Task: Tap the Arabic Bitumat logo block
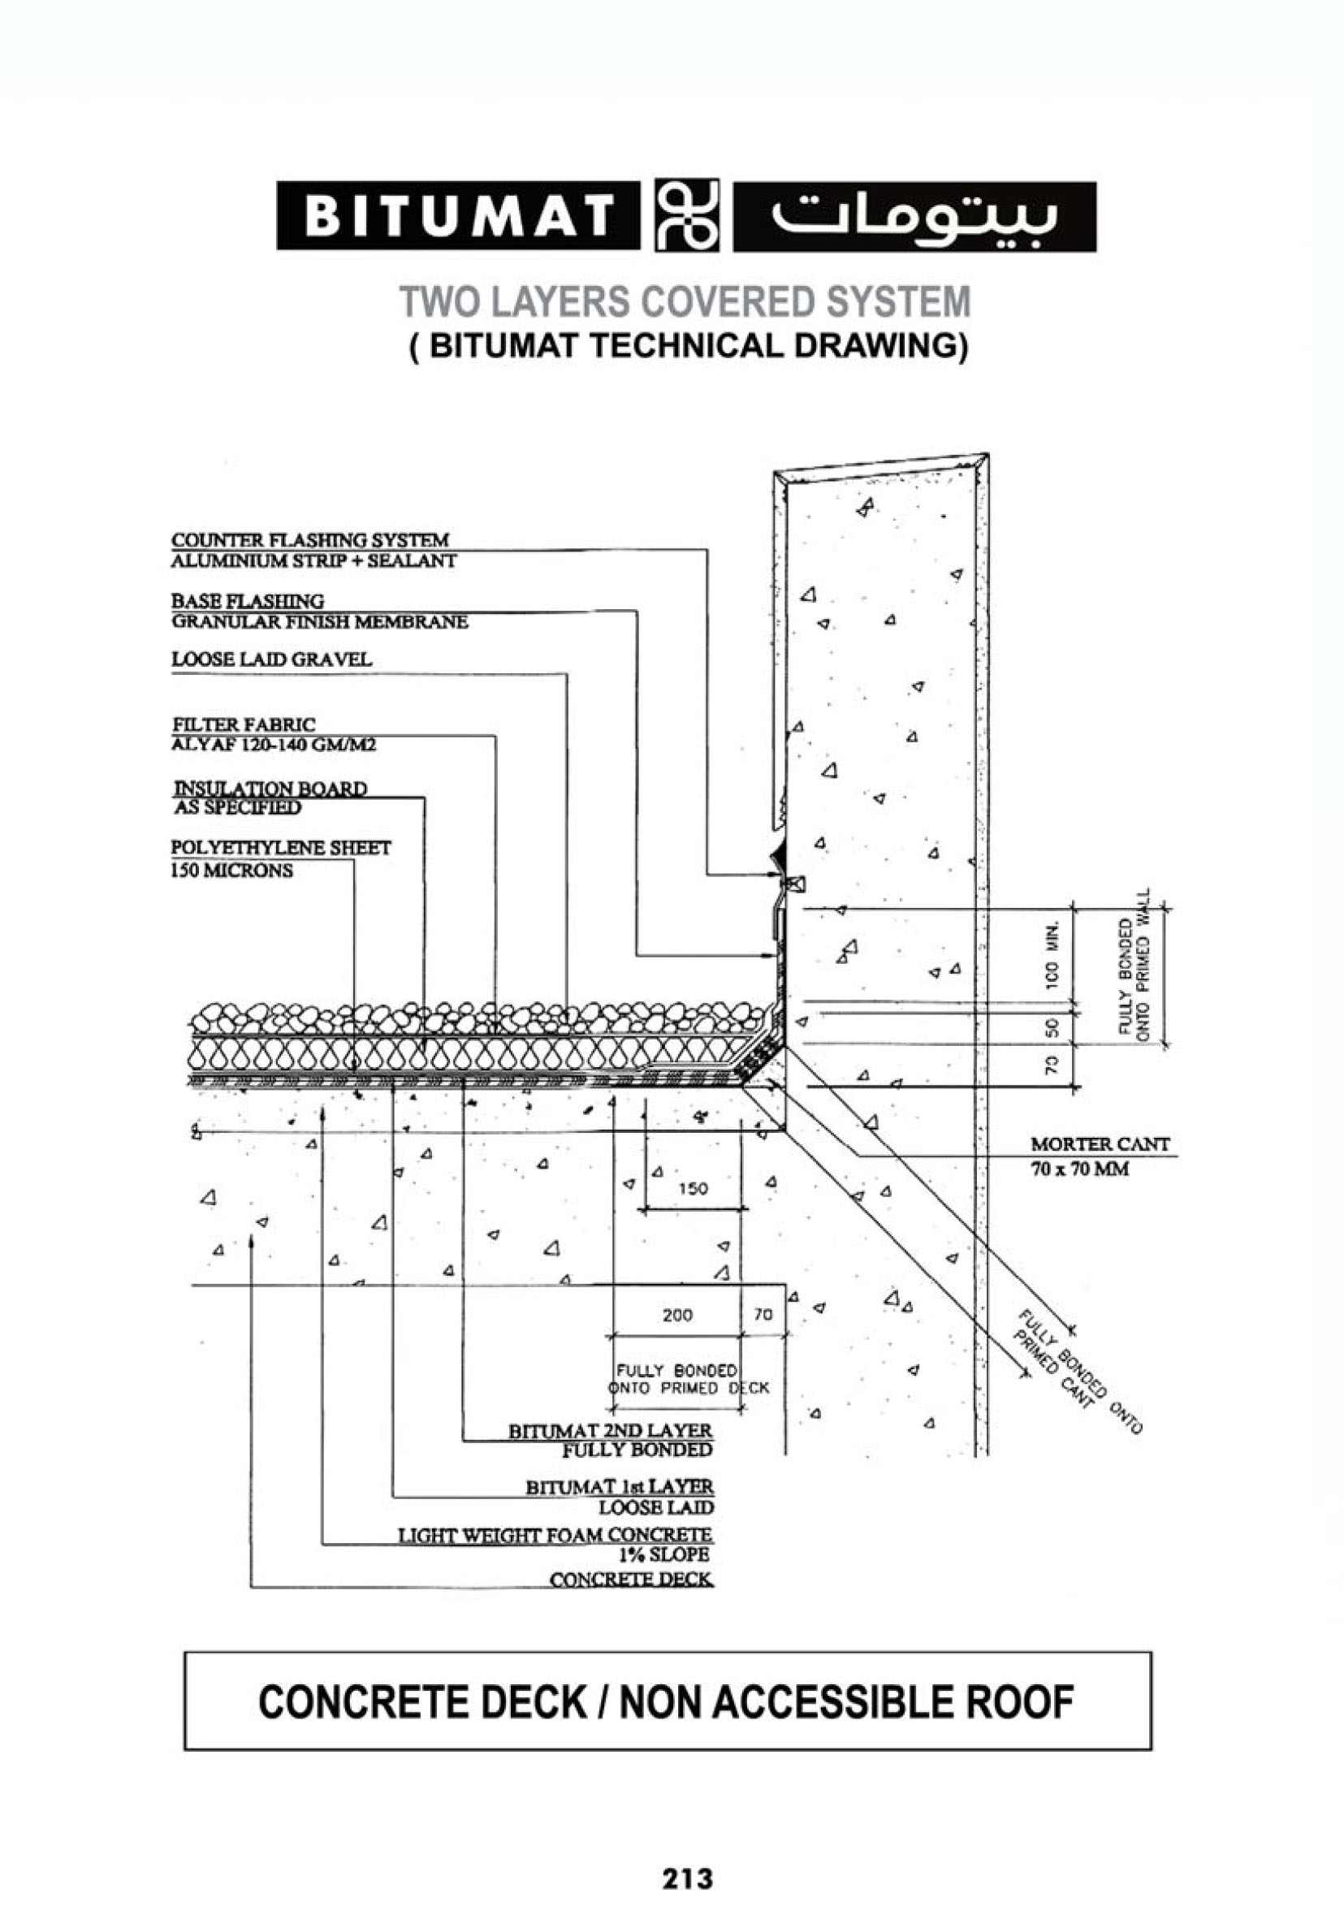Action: tap(914, 216)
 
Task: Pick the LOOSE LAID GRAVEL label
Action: tap(271, 659)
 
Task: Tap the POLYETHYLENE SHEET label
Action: tap(281, 848)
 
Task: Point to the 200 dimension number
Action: tap(676, 1316)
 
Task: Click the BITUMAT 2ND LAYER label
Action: tap(610, 1431)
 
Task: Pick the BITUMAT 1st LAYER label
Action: tap(620, 1488)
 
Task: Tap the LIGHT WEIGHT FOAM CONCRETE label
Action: tap(555, 1536)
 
